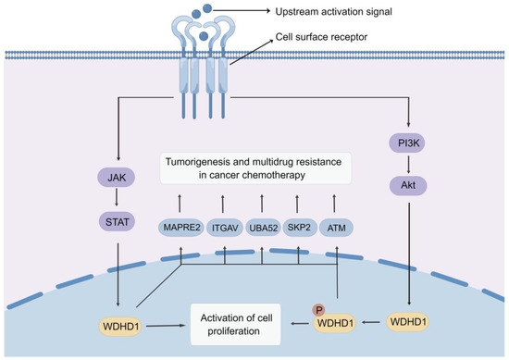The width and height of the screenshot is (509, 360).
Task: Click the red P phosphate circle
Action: [x=317, y=313]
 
